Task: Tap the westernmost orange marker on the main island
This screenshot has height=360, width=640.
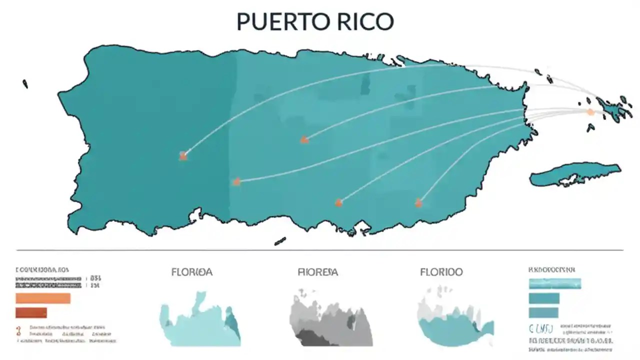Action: (183, 156)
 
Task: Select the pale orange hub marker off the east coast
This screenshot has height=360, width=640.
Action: (590, 112)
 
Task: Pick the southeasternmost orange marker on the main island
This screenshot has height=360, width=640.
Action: (418, 202)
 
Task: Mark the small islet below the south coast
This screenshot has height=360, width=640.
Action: (280, 241)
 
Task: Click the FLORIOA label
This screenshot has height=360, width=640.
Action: (191, 272)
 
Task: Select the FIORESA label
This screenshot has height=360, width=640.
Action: (317, 272)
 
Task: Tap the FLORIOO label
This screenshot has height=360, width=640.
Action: (441, 272)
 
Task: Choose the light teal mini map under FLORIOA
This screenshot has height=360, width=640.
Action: (200, 320)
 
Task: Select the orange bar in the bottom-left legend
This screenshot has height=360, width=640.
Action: (43, 298)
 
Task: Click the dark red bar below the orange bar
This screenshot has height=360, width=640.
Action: (31, 313)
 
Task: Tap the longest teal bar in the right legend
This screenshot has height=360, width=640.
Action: (555, 283)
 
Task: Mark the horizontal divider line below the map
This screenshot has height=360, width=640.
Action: (320, 249)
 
